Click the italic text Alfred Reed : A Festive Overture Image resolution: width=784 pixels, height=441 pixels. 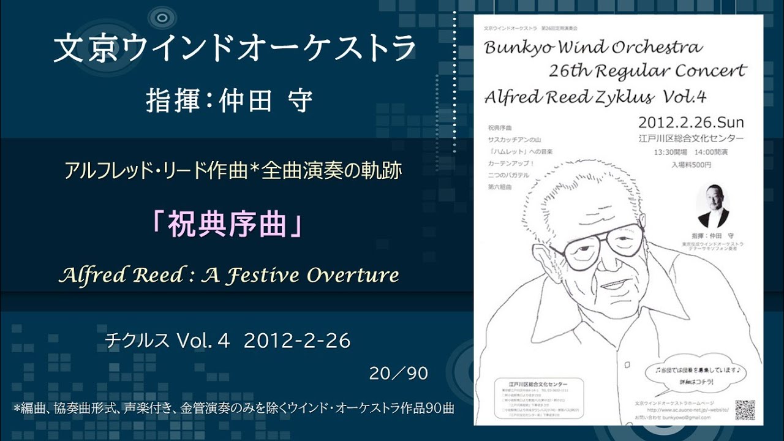pos(228,275)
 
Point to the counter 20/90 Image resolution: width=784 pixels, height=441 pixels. pos(398,374)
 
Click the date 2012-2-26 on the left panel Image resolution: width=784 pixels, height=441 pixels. pos(297,341)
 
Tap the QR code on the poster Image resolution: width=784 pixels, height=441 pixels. pos(745,410)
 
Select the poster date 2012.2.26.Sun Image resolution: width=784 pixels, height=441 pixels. pos(691,121)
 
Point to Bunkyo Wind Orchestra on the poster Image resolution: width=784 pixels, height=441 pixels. pos(593,47)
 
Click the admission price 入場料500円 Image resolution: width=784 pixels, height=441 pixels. pos(691,164)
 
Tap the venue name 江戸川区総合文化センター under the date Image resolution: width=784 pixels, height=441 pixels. pos(691,138)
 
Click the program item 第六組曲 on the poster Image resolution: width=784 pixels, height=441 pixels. pos(500,186)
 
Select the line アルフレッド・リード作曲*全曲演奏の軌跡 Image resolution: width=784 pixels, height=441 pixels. pos(233,170)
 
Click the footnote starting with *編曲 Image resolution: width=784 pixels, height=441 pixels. pos(233,408)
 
